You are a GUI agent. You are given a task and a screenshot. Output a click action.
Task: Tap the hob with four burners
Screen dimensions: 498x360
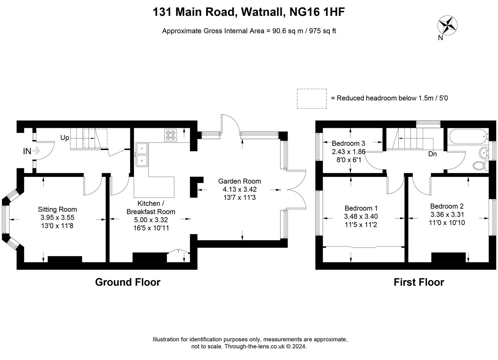point(171,135)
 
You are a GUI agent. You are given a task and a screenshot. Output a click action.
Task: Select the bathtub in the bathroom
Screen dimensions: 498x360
point(468,137)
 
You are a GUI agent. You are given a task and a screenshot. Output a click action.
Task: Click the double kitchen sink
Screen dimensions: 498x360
point(142,154)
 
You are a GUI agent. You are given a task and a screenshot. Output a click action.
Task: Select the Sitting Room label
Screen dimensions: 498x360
point(57,209)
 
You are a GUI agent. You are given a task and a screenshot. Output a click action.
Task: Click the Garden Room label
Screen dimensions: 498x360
point(240,181)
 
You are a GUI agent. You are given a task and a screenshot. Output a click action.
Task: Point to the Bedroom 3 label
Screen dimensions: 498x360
point(348,143)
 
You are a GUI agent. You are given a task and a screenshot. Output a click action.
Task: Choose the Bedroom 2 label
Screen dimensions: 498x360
point(447,206)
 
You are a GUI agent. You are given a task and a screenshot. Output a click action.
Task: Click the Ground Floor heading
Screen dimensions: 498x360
point(128,282)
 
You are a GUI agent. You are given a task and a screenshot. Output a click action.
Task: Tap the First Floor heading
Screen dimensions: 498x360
point(419,282)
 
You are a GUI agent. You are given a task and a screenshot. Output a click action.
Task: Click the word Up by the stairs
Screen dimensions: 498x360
point(65,138)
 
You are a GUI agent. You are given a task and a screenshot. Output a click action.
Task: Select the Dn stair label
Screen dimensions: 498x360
point(432,154)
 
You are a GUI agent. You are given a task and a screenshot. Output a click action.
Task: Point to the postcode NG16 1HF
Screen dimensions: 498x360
point(317,12)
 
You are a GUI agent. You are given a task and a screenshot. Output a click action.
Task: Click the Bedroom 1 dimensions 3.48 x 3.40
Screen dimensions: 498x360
point(361,216)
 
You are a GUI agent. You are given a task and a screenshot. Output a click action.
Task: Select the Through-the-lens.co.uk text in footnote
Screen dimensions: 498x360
point(254,346)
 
